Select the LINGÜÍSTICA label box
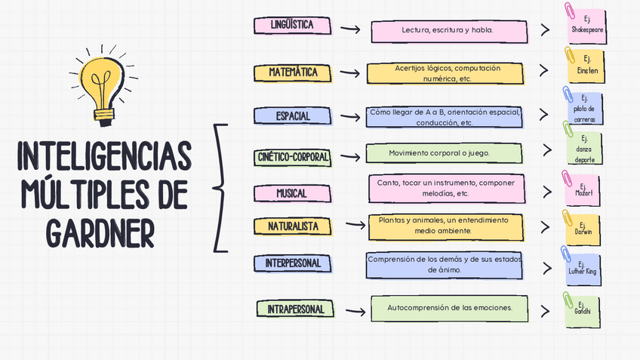(x=292, y=26)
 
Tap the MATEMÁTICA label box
(x=293, y=72)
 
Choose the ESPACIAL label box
(x=292, y=116)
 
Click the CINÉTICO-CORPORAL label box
(x=293, y=157)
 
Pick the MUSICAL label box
(x=291, y=193)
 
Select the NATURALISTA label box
(x=293, y=226)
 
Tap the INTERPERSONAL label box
(x=293, y=263)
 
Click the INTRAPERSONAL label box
(x=295, y=309)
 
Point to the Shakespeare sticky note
(x=586, y=25)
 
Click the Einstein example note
(x=586, y=65)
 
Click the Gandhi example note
(x=583, y=310)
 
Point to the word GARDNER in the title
(x=100, y=232)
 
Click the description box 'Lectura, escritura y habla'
(x=448, y=31)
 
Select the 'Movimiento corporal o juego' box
(x=444, y=153)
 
